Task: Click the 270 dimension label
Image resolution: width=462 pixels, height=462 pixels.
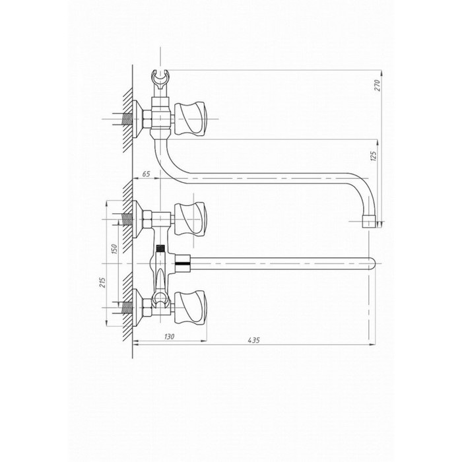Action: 378,85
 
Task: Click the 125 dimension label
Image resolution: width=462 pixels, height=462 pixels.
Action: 373,156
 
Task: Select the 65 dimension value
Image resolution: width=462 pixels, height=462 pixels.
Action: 146,174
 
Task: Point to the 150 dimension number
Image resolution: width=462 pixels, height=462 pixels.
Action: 114,249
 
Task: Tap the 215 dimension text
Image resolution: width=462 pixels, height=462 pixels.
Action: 102,282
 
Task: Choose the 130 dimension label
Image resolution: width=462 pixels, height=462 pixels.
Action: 169,337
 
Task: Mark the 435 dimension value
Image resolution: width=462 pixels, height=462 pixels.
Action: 253,341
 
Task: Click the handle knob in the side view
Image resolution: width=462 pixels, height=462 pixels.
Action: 190,119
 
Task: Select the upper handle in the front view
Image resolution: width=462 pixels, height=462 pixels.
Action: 190,219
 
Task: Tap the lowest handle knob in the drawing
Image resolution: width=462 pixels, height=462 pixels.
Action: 190,308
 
